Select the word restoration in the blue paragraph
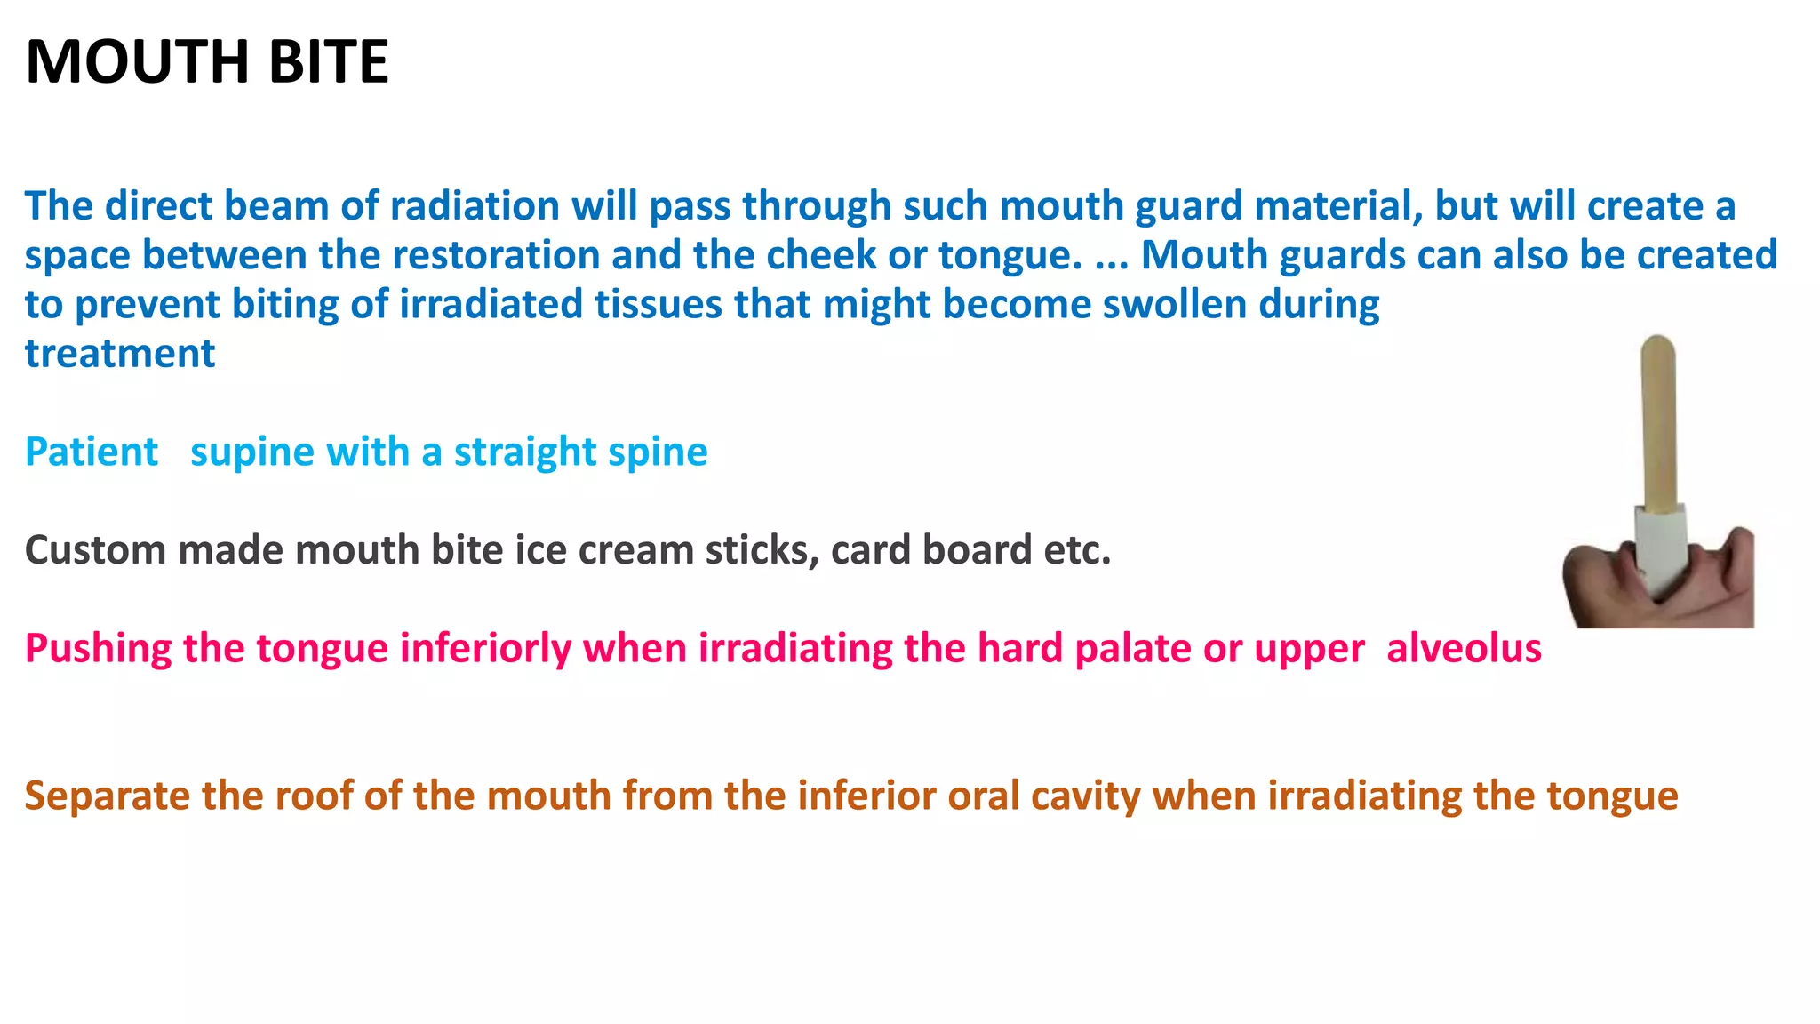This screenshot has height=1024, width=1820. [x=495, y=255]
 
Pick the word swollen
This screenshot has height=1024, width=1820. [x=1175, y=304]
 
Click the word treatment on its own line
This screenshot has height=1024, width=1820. [x=120, y=354]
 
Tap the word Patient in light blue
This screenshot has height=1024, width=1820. [x=92, y=452]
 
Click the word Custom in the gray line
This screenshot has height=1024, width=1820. [x=95, y=550]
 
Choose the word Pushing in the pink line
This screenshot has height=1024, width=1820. [x=98, y=649]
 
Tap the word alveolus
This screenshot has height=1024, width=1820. [x=1464, y=648]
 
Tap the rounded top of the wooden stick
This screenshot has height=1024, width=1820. [x=1657, y=348]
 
